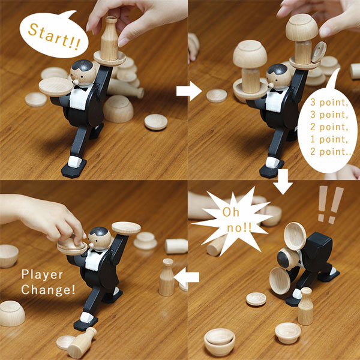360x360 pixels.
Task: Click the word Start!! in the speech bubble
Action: tap(55, 37)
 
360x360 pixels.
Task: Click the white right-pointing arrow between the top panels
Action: tap(189, 91)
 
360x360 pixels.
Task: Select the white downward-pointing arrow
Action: tap(283, 182)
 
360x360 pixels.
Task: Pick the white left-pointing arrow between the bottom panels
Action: tap(187, 277)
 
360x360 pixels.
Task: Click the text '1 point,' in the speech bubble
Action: tap(329, 139)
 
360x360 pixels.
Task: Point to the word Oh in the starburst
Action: tap(231, 212)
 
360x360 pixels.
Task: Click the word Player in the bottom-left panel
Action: tap(42, 275)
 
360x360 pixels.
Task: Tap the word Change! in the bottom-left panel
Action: tap(48, 290)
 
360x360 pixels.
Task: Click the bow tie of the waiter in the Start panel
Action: tap(80, 88)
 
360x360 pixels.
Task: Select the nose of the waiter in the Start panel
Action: tap(75, 82)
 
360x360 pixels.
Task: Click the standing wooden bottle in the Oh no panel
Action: tap(305, 306)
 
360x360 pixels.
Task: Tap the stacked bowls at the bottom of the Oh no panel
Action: tap(220, 342)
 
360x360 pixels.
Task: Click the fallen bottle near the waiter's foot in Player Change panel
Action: tap(82, 343)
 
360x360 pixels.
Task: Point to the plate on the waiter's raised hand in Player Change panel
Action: tap(126, 228)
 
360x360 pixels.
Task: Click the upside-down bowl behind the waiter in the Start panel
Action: tap(118, 109)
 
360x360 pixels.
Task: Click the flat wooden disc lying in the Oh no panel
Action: tap(256, 299)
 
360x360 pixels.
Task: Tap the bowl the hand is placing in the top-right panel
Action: tap(302, 28)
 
